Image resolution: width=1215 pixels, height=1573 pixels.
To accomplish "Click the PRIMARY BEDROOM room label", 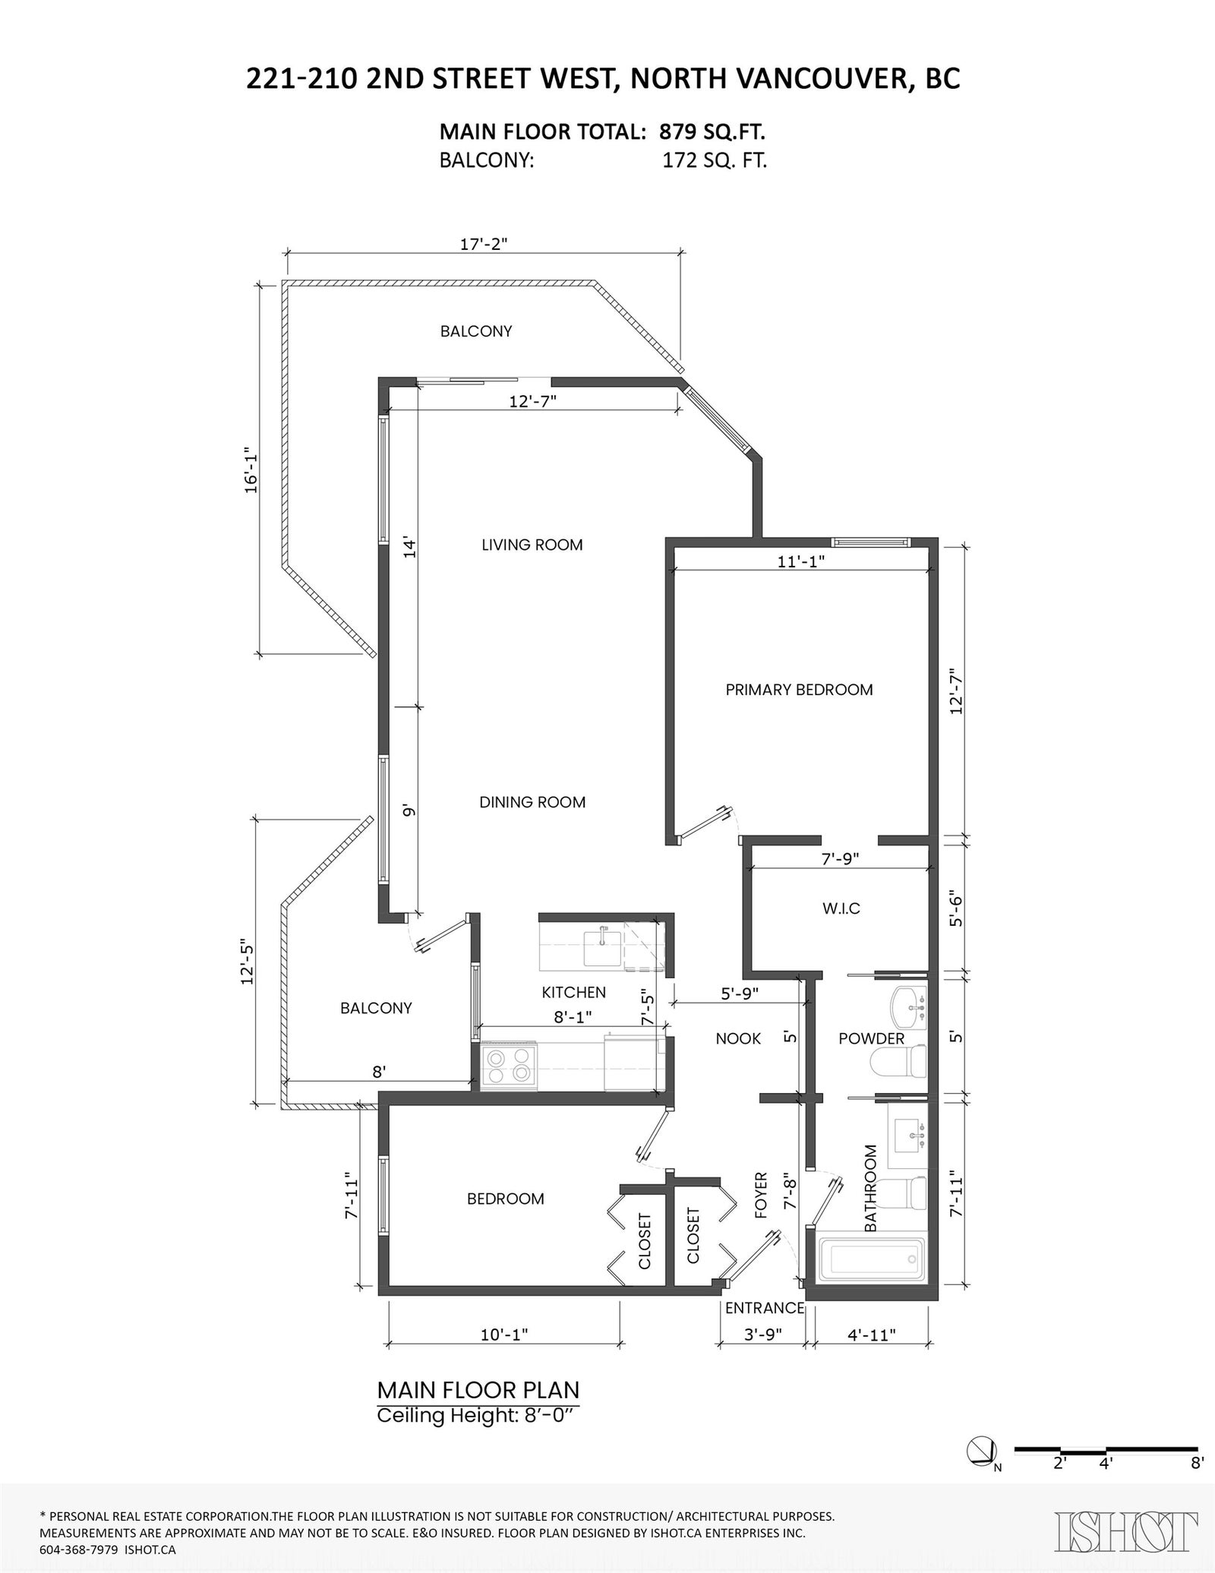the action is [799, 690].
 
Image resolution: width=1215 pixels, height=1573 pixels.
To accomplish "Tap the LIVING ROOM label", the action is [532, 545].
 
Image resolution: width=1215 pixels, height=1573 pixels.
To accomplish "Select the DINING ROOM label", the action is [532, 802].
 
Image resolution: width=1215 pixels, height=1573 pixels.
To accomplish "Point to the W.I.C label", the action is [841, 908].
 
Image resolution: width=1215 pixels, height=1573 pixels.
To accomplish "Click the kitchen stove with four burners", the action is [509, 1066].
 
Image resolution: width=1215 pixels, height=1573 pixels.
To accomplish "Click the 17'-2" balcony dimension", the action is [484, 244].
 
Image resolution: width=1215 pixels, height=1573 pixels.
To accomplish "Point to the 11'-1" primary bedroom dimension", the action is [801, 561].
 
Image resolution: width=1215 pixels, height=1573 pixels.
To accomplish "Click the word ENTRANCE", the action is [765, 1308].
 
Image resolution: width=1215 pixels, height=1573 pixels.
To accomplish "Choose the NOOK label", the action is [738, 1038].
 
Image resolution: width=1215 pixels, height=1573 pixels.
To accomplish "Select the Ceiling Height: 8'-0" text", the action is [478, 1417].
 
